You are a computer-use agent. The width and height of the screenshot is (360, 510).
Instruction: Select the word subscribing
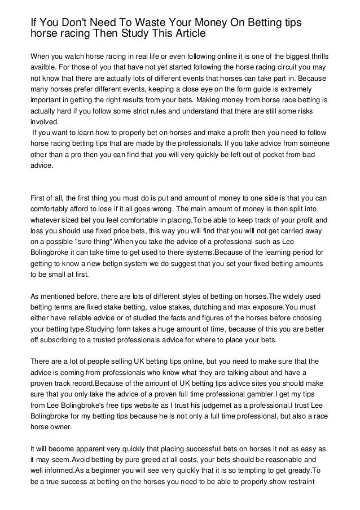[x=57, y=341]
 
